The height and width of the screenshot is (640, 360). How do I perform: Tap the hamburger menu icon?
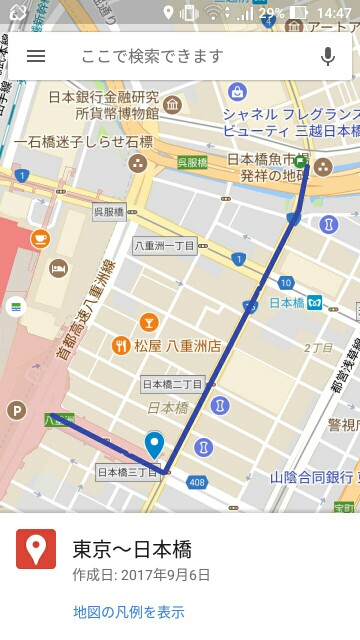point(36,56)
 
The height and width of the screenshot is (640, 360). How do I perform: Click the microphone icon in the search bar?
point(327,56)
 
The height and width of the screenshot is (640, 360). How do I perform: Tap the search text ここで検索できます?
point(152,56)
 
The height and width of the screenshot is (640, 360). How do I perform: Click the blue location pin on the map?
point(154,444)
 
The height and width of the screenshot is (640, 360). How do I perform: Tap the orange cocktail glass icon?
point(148,321)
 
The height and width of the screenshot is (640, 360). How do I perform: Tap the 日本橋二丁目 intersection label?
point(172,384)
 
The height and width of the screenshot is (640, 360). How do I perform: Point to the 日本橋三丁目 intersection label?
point(127,472)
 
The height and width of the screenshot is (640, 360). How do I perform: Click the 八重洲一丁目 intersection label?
point(165,245)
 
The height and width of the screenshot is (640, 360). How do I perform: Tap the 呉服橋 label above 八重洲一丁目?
point(108,212)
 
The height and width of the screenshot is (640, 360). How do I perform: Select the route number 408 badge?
point(196,483)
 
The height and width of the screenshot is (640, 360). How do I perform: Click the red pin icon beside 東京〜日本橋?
point(36,549)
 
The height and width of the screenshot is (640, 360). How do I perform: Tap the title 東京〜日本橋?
point(132,549)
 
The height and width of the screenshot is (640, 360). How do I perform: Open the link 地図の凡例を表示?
point(129,612)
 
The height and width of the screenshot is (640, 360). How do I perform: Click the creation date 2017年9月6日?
point(141,575)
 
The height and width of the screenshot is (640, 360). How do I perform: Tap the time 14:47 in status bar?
point(333,13)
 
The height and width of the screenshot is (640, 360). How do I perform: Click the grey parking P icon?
point(15,410)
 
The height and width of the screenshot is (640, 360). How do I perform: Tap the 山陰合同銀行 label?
point(312,478)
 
